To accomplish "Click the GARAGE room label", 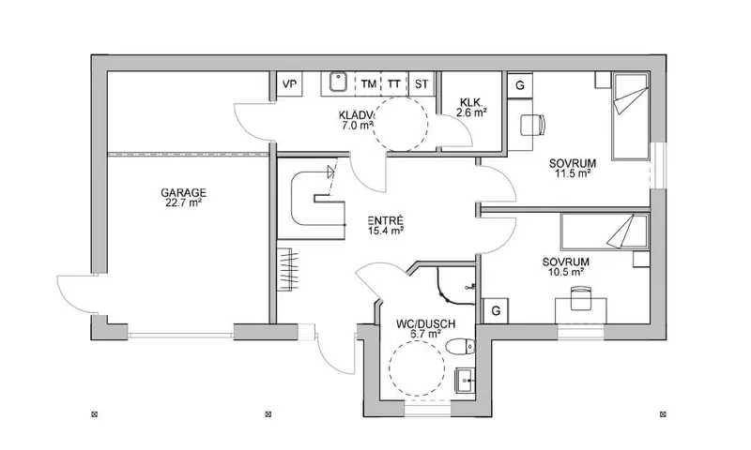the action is pyautogui.click(x=183, y=192).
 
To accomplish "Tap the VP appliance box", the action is pyautogui.click(x=289, y=84).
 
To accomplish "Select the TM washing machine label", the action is pyautogui.click(x=368, y=84).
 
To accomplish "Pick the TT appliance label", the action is pyautogui.click(x=393, y=84).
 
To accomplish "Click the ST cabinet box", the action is pyautogui.click(x=421, y=84).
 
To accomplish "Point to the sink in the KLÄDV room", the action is pyautogui.click(x=338, y=82).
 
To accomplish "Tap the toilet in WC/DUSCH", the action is pyautogui.click(x=460, y=346).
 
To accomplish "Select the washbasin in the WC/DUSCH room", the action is pyautogui.click(x=465, y=382).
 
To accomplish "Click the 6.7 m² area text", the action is pyautogui.click(x=425, y=335).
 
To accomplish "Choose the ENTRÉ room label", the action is pyautogui.click(x=386, y=221).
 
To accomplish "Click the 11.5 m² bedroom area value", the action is pyautogui.click(x=573, y=173).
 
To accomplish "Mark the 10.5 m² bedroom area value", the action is pyautogui.click(x=566, y=272).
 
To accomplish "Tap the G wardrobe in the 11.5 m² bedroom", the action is pyautogui.click(x=520, y=85).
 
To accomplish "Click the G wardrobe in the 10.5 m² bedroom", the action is pyautogui.click(x=496, y=311).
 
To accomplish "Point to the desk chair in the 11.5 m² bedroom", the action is pyautogui.click(x=532, y=126).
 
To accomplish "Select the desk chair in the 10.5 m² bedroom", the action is pyautogui.click(x=580, y=298).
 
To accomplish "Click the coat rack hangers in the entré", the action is pyautogui.click(x=287, y=269).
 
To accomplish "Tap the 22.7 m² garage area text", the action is pyautogui.click(x=182, y=202).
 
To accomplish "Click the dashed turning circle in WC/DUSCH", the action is pyautogui.click(x=390, y=369).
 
